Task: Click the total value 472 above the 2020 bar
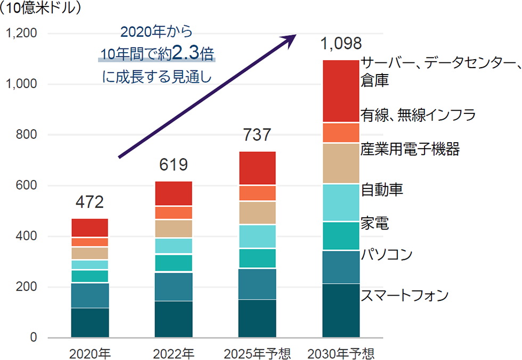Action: (89, 202)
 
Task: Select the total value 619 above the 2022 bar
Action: (173, 165)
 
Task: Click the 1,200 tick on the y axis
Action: (20, 34)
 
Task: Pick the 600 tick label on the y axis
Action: (25, 186)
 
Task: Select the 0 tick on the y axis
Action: (33, 338)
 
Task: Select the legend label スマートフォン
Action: (405, 296)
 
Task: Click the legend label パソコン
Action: (387, 255)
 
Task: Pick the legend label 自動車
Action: (382, 189)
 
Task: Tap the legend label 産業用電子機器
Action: (410, 149)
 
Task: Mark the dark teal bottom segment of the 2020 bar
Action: (89, 323)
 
